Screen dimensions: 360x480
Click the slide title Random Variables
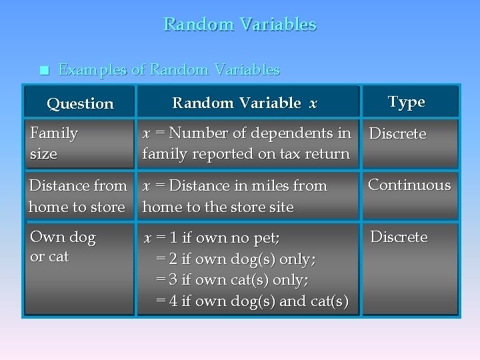(x=239, y=25)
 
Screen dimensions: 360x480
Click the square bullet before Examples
(x=44, y=71)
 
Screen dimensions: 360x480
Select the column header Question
(x=80, y=103)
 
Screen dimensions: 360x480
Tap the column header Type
(x=406, y=102)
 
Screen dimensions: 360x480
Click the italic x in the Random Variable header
(x=313, y=103)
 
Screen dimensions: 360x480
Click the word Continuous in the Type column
(x=409, y=185)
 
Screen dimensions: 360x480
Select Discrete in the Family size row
(x=397, y=133)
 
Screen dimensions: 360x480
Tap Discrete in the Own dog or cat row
(x=399, y=237)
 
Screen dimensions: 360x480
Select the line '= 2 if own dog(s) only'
(x=236, y=259)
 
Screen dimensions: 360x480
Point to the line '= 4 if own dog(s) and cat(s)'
(x=251, y=301)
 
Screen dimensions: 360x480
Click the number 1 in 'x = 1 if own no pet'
(x=173, y=238)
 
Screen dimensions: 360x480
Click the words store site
(x=265, y=207)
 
